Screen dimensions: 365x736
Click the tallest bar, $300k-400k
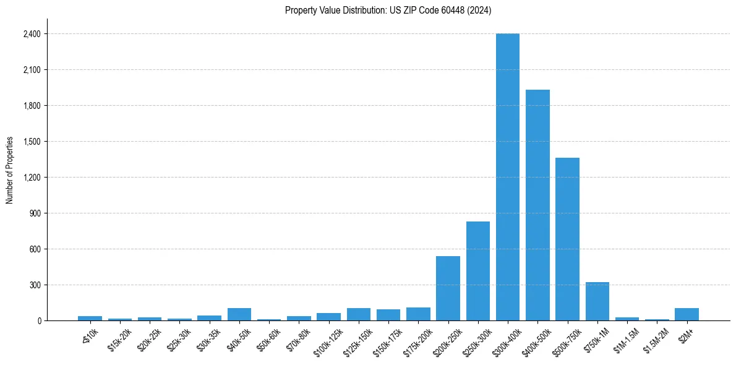508,177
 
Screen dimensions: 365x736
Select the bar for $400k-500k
537,205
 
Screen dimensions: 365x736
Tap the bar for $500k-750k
567,239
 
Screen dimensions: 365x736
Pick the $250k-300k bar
478,271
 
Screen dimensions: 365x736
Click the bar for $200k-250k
448,288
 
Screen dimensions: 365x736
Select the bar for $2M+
687,314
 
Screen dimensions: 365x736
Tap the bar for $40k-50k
239,314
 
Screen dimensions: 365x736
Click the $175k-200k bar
418,314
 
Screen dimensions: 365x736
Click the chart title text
388,11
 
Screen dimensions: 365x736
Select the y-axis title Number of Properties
10,170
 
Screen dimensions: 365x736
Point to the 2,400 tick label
32,34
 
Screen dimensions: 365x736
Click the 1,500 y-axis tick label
32,142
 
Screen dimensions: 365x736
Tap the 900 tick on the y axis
35,213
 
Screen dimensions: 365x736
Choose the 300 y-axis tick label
35,285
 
